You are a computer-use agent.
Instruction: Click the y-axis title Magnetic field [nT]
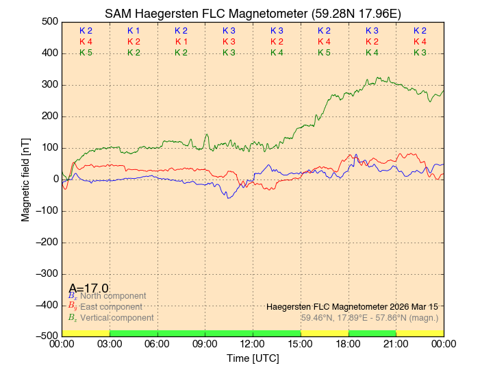point(25,178)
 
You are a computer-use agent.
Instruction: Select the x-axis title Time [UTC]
point(253,358)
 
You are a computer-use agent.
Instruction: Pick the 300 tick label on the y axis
point(48,84)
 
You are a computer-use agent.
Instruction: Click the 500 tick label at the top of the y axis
point(48,21)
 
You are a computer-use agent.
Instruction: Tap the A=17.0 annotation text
point(88,288)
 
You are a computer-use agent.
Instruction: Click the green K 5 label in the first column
point(86,53)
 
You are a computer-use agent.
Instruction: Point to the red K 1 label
point(181,42)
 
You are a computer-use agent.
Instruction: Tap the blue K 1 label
point(134,31)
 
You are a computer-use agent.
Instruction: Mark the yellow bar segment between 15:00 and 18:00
point(325,333)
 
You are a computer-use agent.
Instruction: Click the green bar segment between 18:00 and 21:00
point(372,333)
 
